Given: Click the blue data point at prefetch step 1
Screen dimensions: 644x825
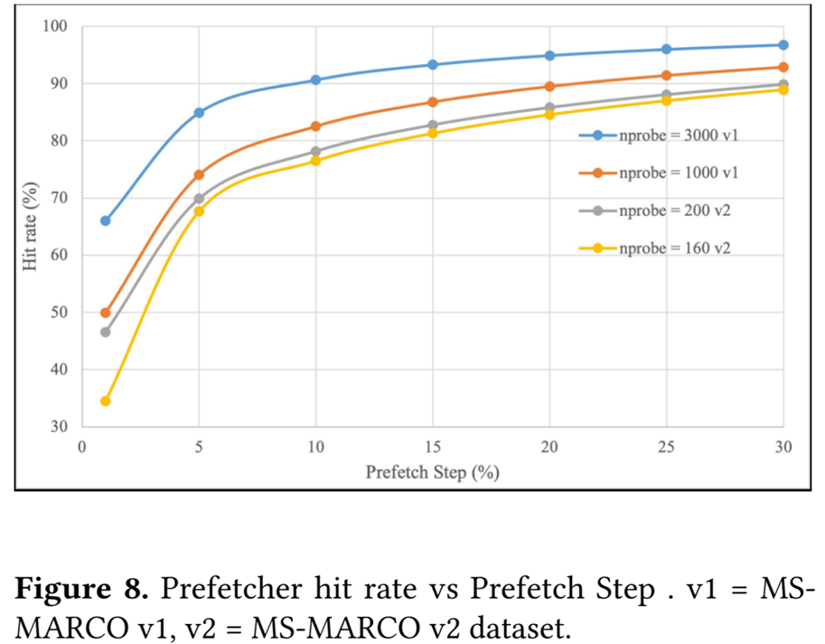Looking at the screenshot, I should pos(105,220).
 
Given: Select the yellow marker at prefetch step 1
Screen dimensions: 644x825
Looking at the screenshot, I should pos(105,401).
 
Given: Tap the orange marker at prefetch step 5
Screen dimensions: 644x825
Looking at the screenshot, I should pos(199,174).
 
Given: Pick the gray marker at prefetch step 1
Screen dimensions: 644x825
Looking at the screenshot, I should pos(105,332).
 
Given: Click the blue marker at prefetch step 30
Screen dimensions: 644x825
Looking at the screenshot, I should pos(783,45).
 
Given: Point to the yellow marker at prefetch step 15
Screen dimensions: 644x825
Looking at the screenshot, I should pos(433,133).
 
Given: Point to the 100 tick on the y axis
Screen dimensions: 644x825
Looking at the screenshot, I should pos(56,27).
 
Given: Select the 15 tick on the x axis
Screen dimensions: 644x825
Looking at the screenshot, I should pos(433,446).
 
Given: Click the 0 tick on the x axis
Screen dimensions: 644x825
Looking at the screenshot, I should pos(82,446).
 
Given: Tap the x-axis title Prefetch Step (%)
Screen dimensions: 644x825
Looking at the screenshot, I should pos(433,472).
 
